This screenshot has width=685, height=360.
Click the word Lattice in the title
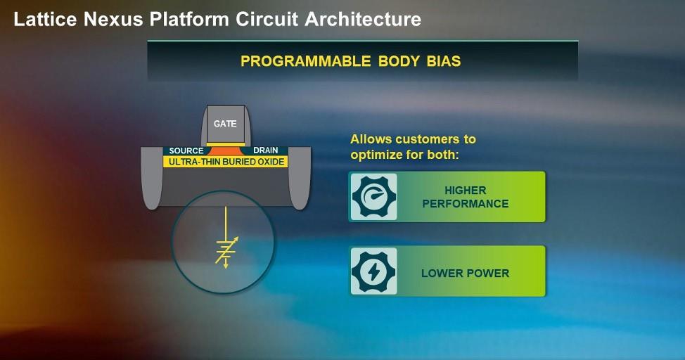pos(44,19)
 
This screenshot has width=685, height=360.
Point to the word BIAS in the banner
pos(442,61)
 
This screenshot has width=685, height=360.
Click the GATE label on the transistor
pos(225,124)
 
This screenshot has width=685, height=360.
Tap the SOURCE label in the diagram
pos(186,150)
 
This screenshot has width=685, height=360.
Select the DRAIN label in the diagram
pos(265,150)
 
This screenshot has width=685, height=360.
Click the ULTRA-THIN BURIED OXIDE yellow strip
pos(225,162)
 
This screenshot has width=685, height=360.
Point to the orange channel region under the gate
pos(225,150)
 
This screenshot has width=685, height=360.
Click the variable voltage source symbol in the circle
pos(226,250)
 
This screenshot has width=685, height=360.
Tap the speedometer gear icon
pos(373,197)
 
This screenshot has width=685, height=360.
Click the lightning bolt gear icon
pos(373,271)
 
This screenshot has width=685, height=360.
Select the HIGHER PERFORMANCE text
pos(465,197)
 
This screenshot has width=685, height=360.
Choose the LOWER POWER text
pos(465,273)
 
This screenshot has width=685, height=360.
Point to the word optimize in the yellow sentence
pos(378,153)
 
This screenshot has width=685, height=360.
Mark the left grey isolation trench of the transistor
pos(151,179)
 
